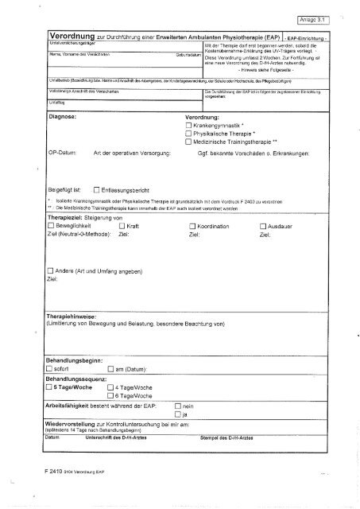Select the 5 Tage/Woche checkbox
point(49,387)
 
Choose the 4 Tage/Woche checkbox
point(110,387)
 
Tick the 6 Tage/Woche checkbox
point(110,395)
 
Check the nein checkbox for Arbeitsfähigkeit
point(177,406)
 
